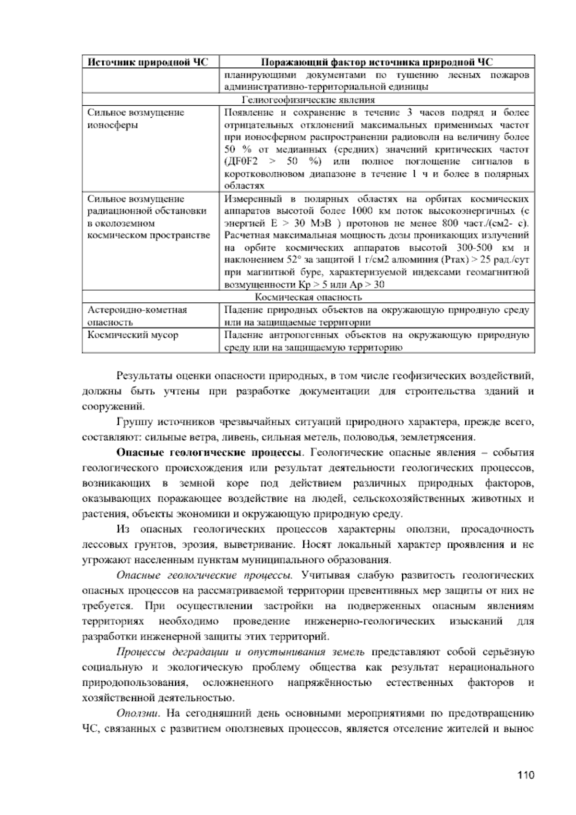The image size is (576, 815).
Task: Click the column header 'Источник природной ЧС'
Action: (x=150, y=62)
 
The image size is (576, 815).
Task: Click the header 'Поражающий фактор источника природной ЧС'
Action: (x=377, y=62)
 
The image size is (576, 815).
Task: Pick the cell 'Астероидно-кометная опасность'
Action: (x=137, y=316)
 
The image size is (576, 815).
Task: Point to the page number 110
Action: (x=526, y=775)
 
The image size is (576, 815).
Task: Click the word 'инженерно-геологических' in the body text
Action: (x=370, y=621)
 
